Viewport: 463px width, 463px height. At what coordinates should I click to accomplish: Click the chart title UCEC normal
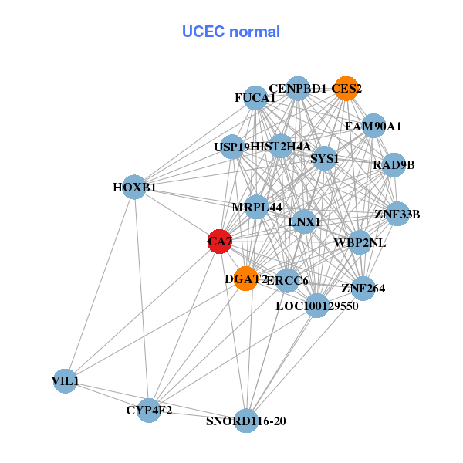pos(231,32)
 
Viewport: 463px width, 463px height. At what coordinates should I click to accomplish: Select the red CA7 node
pos(219,242)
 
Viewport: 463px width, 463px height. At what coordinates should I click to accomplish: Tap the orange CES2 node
pos(346,88)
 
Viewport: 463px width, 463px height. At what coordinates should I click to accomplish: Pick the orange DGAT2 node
pos(246,279)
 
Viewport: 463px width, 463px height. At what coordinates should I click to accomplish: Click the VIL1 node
pos(66,380)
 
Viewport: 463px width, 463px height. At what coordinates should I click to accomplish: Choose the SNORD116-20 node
pos(246,421)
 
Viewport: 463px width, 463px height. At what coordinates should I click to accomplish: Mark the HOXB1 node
pos(134,187)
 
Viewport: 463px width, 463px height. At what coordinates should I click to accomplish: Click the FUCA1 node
pos(255,98)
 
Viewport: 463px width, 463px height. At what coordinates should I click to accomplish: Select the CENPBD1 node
pos(298,88)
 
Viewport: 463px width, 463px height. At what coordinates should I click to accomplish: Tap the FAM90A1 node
pos(373,126)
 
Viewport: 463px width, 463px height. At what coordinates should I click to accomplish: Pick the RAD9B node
pos(394,164)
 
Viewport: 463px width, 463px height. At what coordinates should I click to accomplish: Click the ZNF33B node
pos(397,214)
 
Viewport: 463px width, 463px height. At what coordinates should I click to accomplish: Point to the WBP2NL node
pos(360,242)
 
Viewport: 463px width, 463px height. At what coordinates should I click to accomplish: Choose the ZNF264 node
pos(363,289)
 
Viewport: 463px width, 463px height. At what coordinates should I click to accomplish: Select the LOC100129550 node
pos(316,306)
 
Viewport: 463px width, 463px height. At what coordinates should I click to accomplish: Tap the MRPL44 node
pos(257,207)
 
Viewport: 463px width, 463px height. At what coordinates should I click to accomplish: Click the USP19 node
pos(231,146)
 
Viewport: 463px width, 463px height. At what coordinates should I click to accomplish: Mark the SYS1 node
pos(325,159)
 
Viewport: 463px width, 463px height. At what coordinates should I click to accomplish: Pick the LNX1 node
pos(305,222)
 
